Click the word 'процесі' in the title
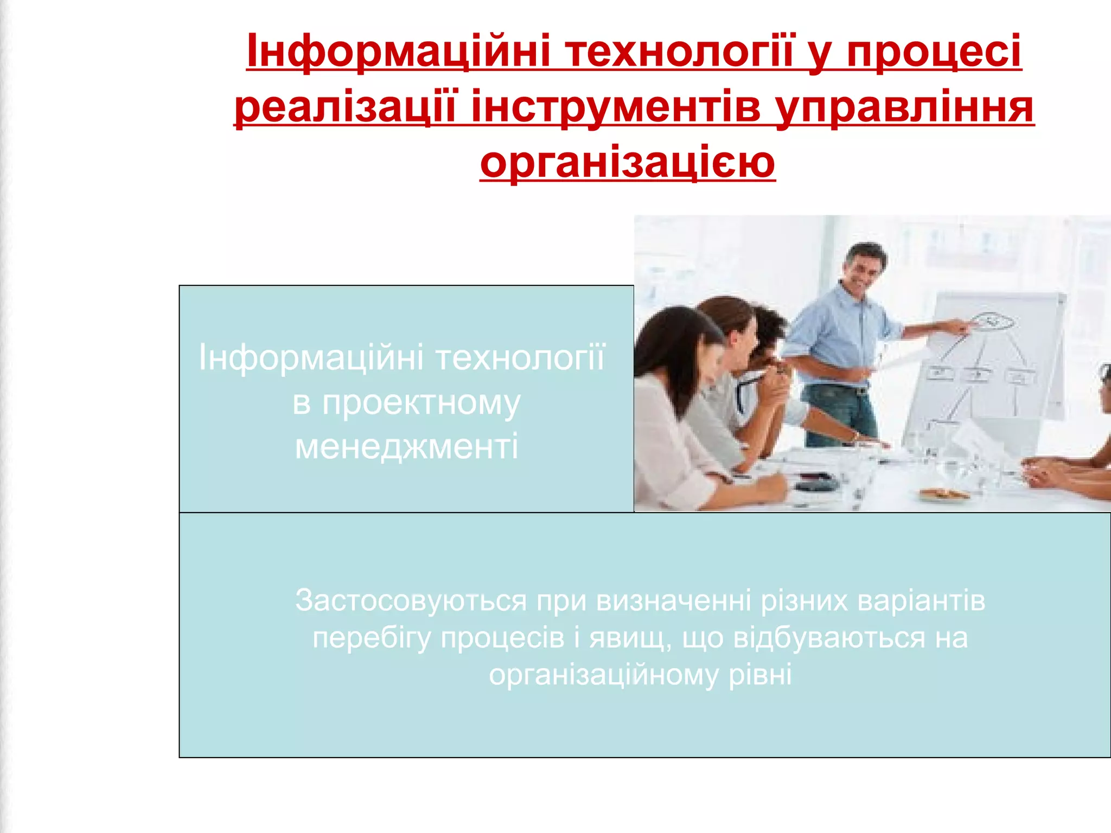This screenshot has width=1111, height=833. tap(934, 52)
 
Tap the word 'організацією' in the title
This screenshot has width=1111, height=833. tap(627, 162)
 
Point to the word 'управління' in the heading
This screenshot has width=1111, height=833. tap(904, 107)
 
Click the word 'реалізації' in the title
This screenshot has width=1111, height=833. tap(346, 107)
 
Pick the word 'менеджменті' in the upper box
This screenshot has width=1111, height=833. tap(406, 446)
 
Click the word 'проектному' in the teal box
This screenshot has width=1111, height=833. tap(406, 403)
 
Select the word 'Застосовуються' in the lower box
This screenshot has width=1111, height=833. tap(411, 601)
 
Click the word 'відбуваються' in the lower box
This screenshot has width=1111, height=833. tap(829, 638)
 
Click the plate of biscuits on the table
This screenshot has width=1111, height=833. tap(943, 494)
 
